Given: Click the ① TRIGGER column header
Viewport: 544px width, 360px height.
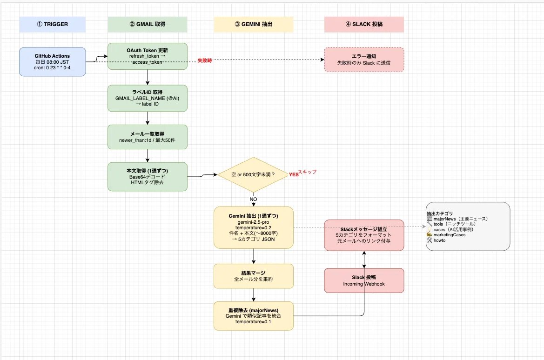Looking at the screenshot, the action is [53, 24].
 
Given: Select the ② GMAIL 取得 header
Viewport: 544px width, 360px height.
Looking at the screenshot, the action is [148, 24].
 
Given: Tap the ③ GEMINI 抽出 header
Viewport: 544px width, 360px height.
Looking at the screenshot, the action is [254, 24].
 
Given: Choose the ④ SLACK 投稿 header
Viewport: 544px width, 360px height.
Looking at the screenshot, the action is [364, 24].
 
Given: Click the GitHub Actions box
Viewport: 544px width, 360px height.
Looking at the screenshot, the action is [53, 62].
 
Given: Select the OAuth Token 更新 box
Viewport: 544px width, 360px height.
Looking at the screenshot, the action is [148, 56].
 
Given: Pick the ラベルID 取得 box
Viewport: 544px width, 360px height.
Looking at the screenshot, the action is [148, 98].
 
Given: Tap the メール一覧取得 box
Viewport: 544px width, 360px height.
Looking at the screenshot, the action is [148, 137].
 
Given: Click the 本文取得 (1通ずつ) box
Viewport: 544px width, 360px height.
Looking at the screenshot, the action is [148, 177].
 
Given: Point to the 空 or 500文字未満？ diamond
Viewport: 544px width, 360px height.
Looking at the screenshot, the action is [254, 174].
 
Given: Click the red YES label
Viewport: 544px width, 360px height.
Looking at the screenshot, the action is [294, 174].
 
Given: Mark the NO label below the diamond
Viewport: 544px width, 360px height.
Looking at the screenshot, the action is [253, 200].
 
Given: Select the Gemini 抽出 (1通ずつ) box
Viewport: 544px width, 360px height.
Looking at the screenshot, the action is [254, 227].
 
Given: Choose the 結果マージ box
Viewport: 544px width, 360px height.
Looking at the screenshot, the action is [254, 276].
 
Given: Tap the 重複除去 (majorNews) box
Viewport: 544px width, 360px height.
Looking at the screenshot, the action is [254, 316].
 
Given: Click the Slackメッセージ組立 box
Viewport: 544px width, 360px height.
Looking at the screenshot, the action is [364, 235].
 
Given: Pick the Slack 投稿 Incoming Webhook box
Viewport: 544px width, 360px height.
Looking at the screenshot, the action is [364, 280].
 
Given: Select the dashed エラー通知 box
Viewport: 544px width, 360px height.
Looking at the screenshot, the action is [364, 60].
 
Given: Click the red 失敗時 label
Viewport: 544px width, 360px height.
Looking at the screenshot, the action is [205, 60].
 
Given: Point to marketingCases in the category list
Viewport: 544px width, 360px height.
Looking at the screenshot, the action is [449, 235].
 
